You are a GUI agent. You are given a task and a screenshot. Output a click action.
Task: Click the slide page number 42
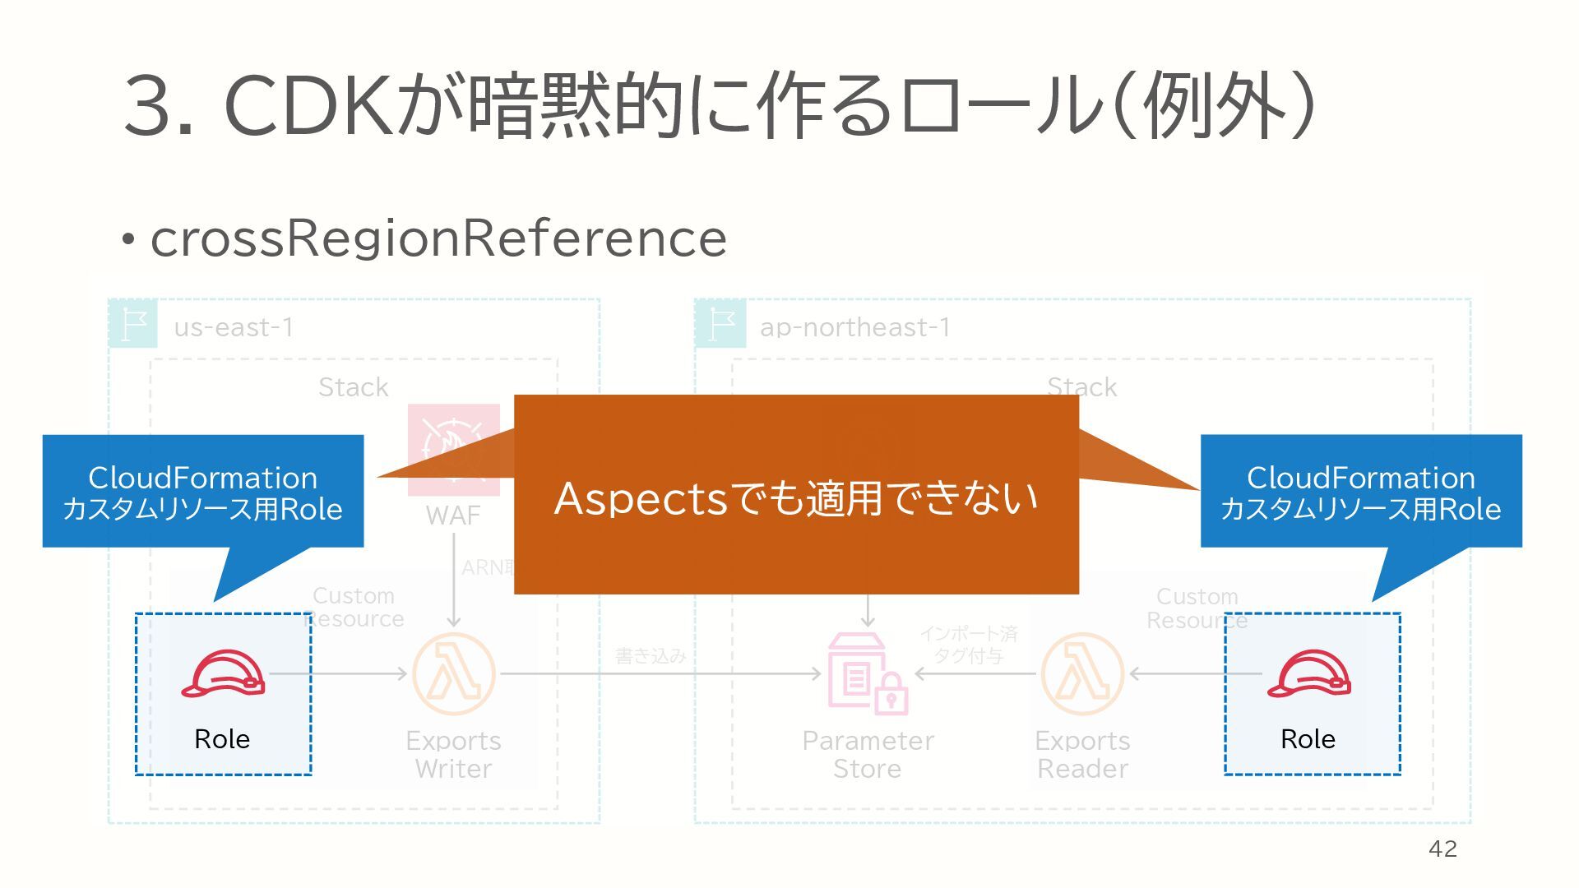[1442, 849]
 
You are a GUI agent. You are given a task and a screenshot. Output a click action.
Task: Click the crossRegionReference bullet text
[438, 238]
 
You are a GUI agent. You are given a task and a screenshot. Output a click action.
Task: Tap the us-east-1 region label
[234, 327]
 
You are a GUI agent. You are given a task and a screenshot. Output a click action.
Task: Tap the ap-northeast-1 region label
[854, 327]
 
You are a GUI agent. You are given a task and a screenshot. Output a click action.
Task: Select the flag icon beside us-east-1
[133, 324]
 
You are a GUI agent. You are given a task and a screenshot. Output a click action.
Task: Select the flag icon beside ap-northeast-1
[720, 324]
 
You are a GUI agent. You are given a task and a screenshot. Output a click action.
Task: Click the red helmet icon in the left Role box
[223, 674]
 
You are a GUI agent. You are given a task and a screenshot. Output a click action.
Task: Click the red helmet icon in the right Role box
[1308, 674]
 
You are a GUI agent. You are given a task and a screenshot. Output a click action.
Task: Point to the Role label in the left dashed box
[222, 738]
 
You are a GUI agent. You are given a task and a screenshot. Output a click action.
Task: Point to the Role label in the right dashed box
[1308, 738]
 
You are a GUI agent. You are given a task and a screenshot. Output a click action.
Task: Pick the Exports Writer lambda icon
[453, 673]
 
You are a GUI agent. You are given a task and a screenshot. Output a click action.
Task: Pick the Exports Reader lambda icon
[1082, 673]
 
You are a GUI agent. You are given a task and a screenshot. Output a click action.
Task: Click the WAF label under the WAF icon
[452, 516]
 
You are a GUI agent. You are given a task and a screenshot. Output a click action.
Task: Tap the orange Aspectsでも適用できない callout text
[795, 497]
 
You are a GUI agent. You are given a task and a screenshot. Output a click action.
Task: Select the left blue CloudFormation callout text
[202, 493]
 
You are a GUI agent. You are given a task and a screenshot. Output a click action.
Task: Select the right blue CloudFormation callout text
[1360, 493]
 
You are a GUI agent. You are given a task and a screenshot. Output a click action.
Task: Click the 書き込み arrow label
[650, 655]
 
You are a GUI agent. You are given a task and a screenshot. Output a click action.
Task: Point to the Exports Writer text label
[453, 754]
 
